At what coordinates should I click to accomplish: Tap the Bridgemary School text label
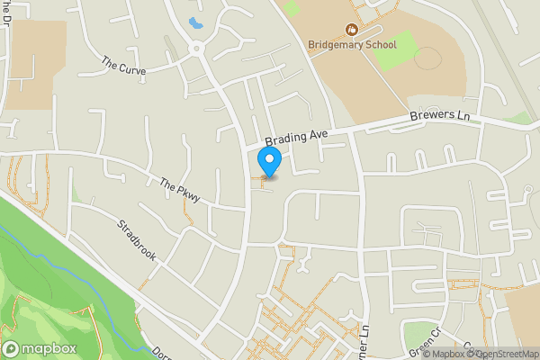353,44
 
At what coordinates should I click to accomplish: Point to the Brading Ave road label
296,138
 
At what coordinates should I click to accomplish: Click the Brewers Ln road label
439,117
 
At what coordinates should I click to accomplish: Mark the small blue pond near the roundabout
194,22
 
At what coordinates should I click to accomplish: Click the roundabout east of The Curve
197,49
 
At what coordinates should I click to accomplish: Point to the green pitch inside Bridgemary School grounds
395,50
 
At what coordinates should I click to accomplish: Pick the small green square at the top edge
291,8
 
